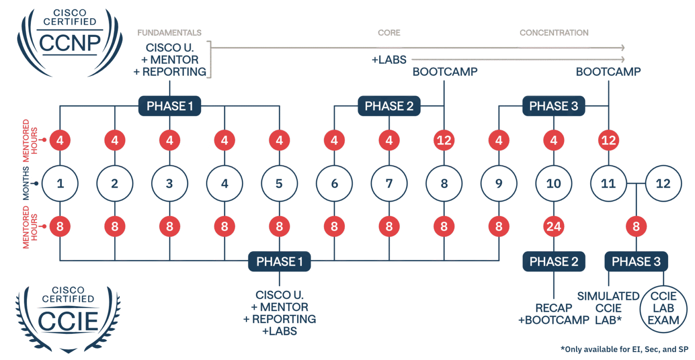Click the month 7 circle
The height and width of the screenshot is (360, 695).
click(389, 183)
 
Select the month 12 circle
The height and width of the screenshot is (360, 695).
click(663, 183)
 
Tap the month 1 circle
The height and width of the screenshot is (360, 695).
click(60, 183)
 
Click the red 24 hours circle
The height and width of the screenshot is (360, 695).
click(553, 226)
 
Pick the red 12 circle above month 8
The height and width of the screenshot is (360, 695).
click(444, 140)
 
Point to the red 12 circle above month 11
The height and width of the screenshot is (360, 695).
click(608, 140)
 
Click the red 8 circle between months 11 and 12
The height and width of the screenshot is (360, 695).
click(636, 226)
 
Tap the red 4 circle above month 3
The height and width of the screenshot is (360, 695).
click(169, 140)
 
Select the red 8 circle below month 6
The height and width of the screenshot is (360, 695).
click(334, 226)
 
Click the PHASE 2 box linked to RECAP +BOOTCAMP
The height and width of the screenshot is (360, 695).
click(553, 261)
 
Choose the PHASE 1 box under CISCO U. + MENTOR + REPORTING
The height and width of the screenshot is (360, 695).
click(169, 106)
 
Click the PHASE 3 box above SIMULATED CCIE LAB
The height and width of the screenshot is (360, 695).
click(636, 261)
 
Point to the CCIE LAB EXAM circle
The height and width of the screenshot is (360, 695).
click(663, 308)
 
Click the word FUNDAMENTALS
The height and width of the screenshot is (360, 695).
click(169, 33)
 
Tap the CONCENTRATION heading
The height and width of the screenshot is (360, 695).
click(554, 33)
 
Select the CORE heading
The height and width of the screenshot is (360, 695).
click(389, 33)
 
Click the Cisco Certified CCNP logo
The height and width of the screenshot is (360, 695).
click(69, 41)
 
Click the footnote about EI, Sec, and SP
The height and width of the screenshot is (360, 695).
click(624, 349)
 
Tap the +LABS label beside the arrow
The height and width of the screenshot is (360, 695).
click(389, 60)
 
